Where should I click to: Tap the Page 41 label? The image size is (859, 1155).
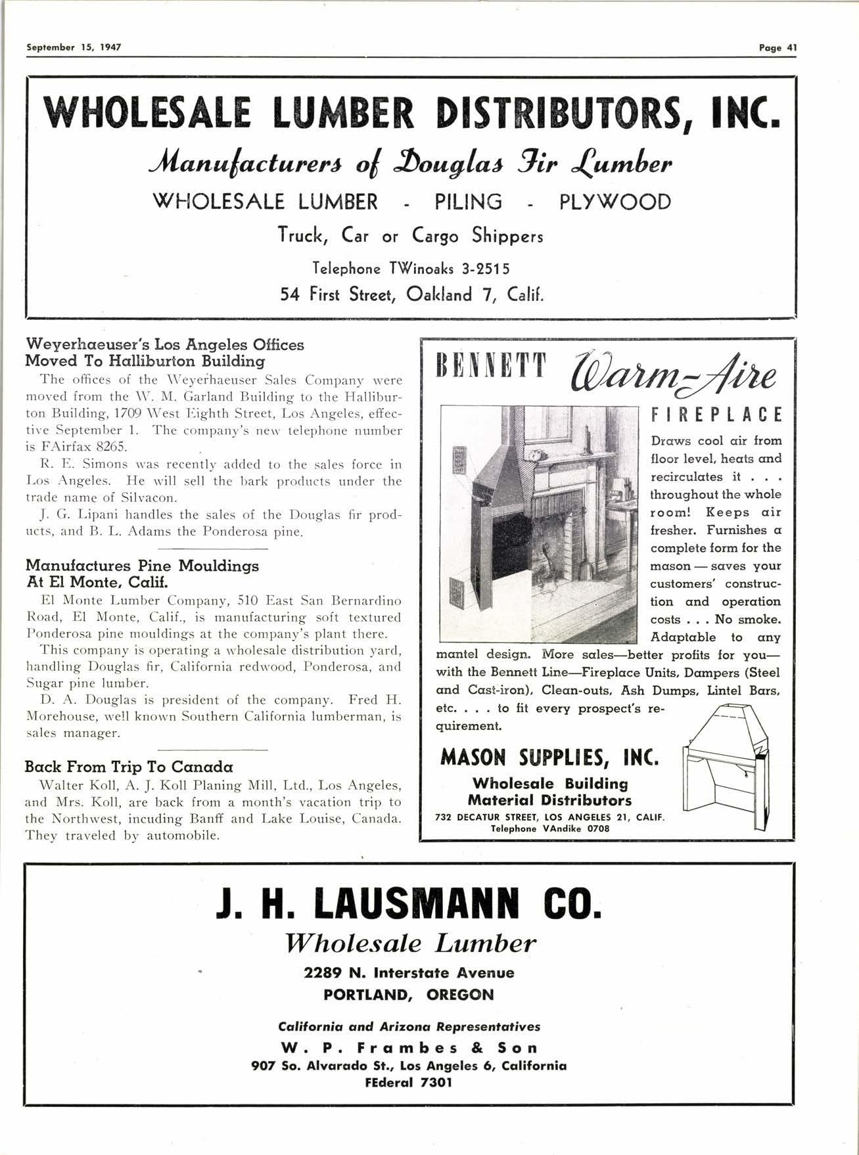click(778, 47)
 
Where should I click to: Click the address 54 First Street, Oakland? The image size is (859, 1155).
click(411, 294)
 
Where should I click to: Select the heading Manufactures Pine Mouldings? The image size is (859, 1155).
click(142, 566)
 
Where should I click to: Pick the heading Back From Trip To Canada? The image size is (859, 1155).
click(129, 767)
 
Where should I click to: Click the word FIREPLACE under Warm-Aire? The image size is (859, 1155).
click(716, 416)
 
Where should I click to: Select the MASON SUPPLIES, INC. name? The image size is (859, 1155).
click(549, 758)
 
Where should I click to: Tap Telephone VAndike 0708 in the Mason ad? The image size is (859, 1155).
click(550, 828)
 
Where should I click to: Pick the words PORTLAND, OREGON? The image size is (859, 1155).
click(409, 994)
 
